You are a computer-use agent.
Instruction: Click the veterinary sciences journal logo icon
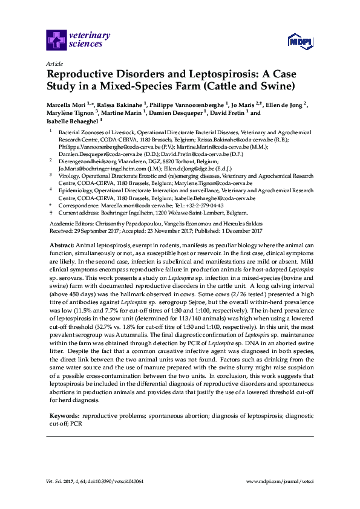click(57, 41)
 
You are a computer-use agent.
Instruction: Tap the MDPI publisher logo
click(299, 42)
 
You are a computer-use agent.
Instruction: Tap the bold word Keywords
click(64, 416)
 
